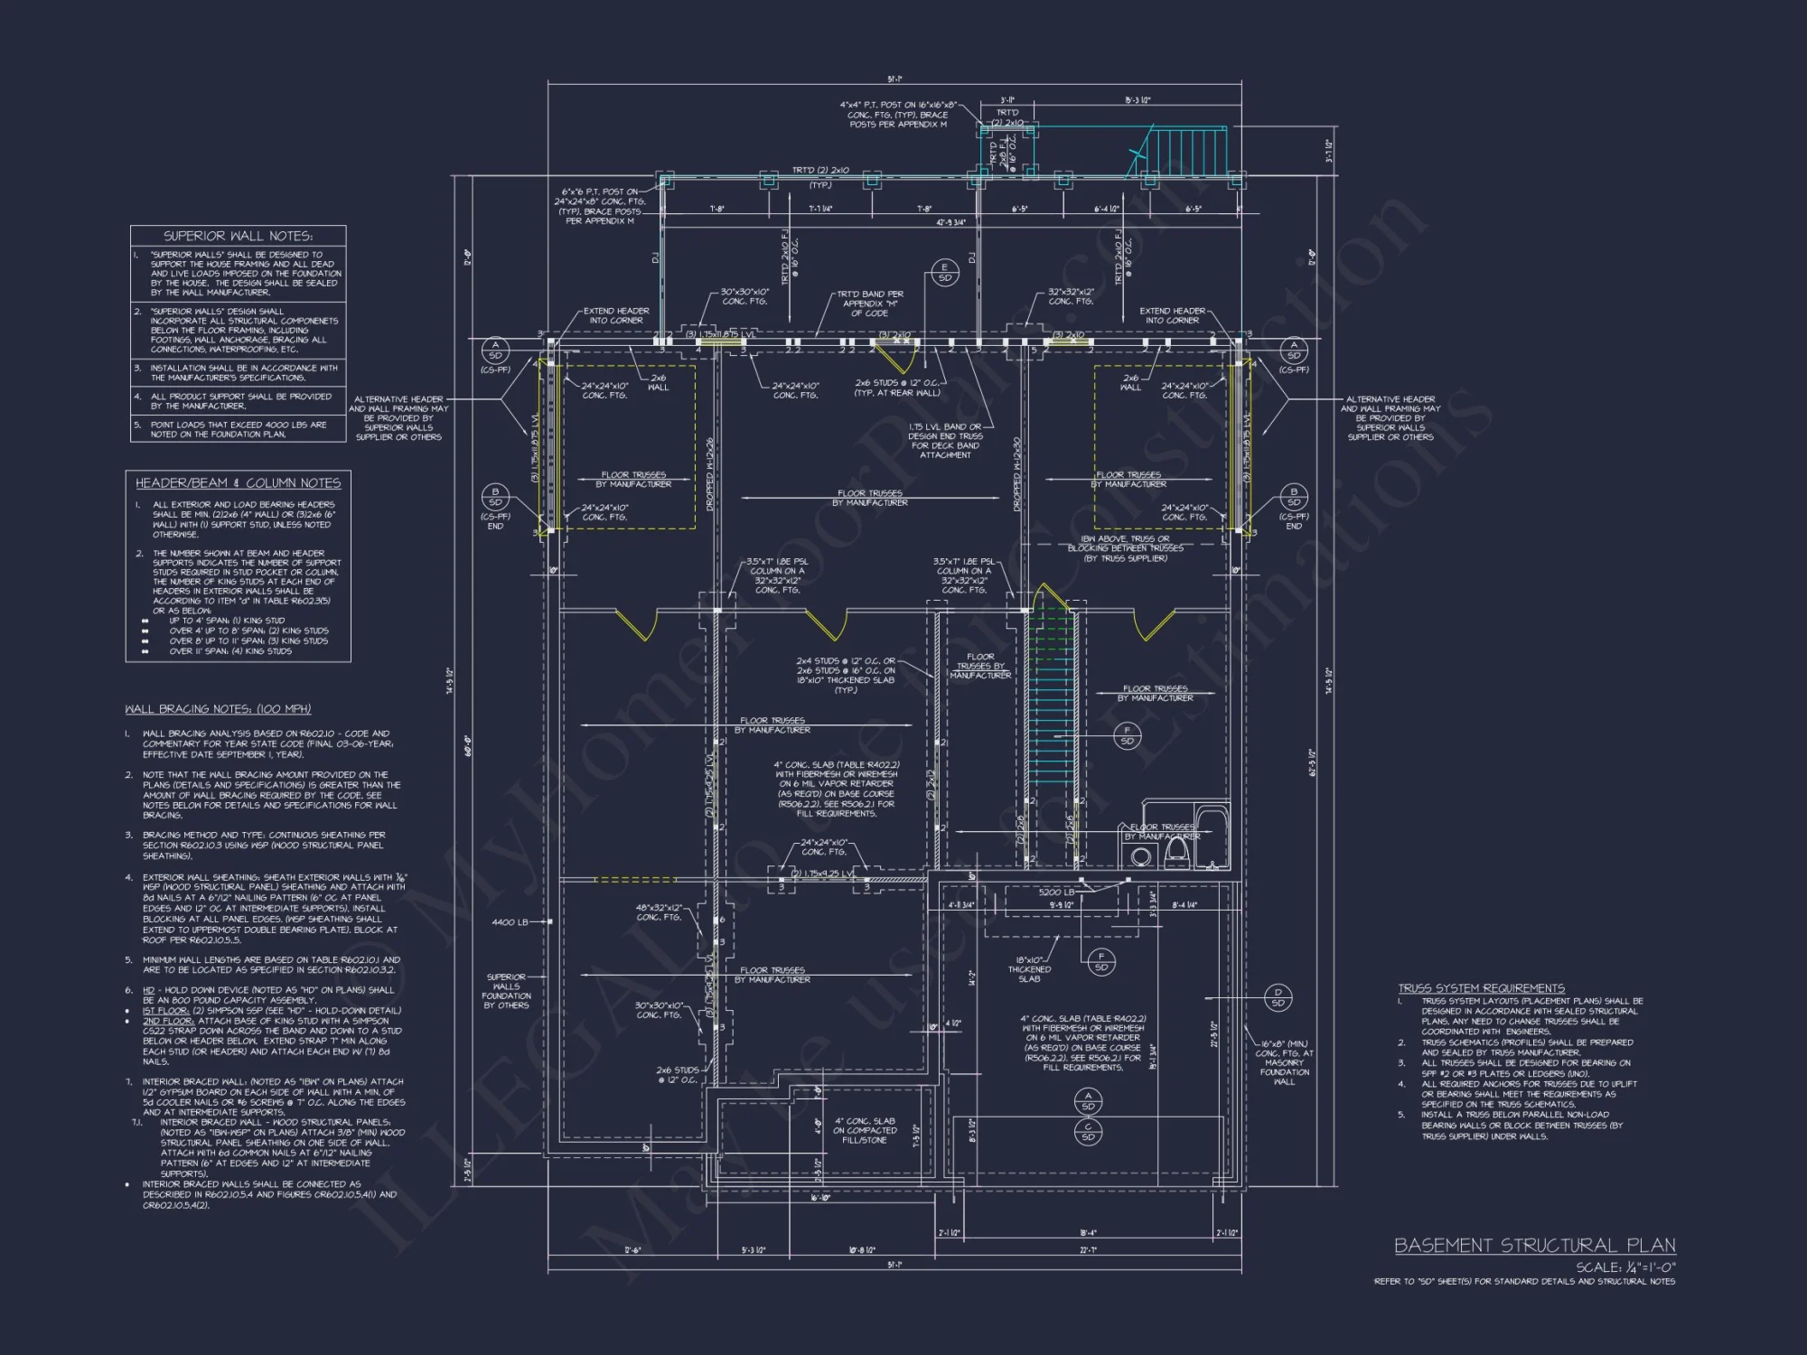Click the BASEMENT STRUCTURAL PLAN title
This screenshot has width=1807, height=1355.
[x=1534, y=1246]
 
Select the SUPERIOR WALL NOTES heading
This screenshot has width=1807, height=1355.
[x=238, y=236]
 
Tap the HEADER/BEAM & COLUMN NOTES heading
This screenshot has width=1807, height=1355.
[x=238, y=483]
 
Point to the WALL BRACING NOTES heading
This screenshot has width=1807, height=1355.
[x=218, y=709]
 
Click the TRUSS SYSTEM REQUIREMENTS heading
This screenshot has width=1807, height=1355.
[x=1481, y=988]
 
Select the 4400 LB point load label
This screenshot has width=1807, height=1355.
[x=510, y=922]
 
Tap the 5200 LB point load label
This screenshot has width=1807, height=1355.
[x=1056, y=892]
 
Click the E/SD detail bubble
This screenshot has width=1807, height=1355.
[x=945, y=272]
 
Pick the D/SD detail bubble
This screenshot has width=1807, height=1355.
[x=1278, y=997]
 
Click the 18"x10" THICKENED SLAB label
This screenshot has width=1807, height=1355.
[x=1029, y=969]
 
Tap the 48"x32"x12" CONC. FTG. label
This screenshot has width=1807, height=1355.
[x=659, y=912]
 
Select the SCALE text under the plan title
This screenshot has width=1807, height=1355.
[x=1625, y=1267]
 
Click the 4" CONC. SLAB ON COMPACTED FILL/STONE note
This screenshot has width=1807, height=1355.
[x=865, y=1130]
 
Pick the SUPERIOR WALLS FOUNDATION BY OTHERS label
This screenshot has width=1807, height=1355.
[x=506, y=991]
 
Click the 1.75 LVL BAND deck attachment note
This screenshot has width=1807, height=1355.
[x=945, y=441]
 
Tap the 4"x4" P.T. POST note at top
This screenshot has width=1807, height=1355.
[x=898, y=115]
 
